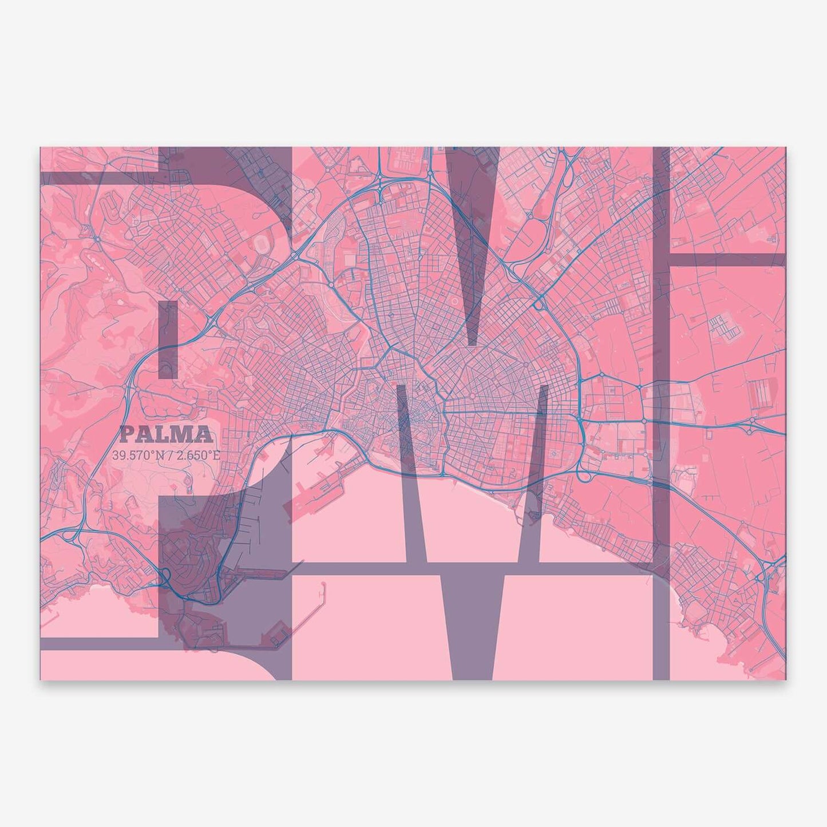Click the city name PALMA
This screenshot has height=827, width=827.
pos(166,436)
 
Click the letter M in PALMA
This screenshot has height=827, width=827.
pos(186,436)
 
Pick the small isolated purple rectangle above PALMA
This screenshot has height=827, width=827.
pos(168,339)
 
